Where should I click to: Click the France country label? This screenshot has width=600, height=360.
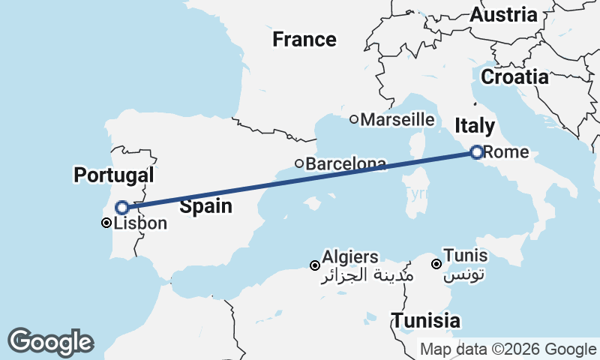(304, 40)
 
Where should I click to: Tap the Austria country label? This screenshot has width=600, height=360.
(503, 14)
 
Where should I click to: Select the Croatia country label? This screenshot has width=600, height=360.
(514, 76)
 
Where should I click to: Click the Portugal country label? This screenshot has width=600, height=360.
(113, 175)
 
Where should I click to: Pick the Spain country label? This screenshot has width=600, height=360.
(205, 207)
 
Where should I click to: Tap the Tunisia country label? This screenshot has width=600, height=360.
(425, 320)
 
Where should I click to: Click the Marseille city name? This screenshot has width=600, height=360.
(397, 119)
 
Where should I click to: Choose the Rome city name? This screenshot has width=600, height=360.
(506, 152)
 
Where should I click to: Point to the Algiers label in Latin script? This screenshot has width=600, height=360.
(350, 257)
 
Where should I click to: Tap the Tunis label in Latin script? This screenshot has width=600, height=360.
(466, 256)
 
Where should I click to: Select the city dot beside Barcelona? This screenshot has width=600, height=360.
(298, 163)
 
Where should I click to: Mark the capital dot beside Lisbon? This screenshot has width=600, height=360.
(106, 223)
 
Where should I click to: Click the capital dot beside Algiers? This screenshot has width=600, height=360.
(315, 265)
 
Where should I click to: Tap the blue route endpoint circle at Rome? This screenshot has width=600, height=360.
(476, 152)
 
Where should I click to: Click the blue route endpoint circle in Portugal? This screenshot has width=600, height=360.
(121, 207)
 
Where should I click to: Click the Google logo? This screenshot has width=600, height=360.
(50, 342)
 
